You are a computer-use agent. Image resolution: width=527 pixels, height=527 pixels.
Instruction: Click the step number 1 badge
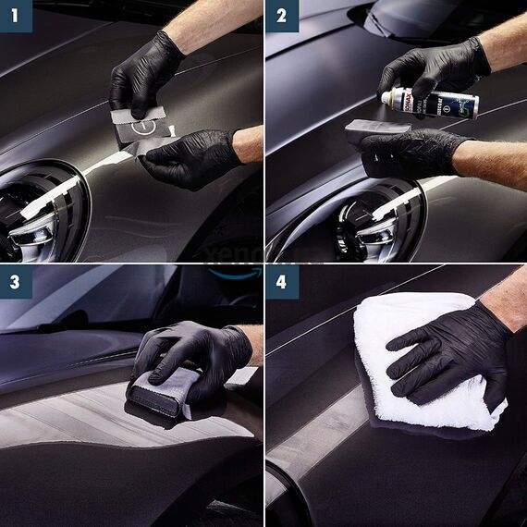[17, 16]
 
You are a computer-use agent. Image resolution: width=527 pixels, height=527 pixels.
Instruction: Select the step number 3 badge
[17, 281]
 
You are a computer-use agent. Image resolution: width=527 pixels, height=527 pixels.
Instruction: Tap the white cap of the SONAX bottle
[386, 95]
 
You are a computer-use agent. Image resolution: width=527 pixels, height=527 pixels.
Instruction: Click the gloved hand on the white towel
[444, 351]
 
